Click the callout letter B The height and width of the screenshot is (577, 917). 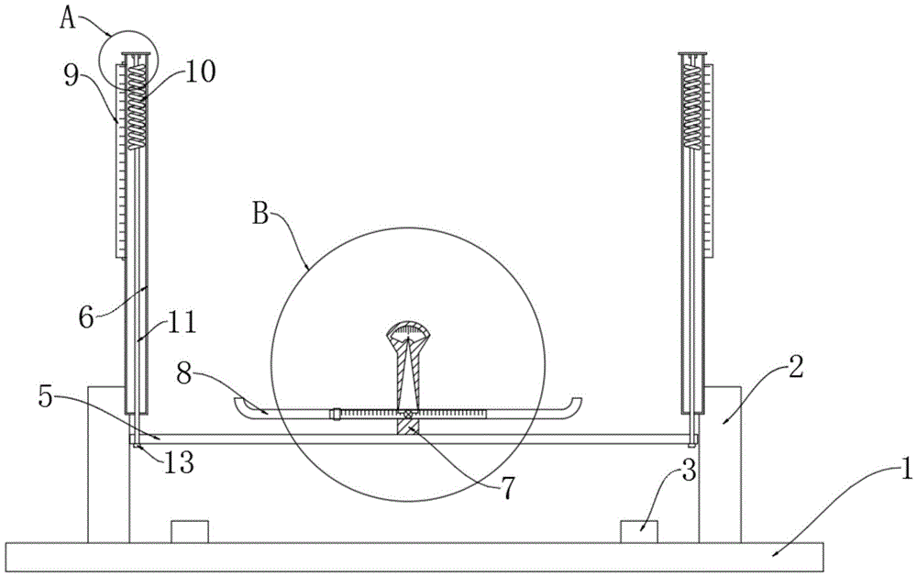pos(260,214)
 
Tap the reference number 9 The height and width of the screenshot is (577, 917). pos(72,77)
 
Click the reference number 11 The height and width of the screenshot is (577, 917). pos(182,322)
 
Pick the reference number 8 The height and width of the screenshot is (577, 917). pos(184,374)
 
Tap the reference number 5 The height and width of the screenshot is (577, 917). pos(46,396)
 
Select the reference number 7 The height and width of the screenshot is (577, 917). pos(506,488)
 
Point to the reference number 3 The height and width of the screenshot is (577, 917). pos(689,470)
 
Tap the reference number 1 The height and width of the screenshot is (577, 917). pos(906,470)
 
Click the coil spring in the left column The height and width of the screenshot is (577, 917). pos(136,106)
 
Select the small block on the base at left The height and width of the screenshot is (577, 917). pos(190,531)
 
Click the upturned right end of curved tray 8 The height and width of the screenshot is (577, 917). pos(575,405)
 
